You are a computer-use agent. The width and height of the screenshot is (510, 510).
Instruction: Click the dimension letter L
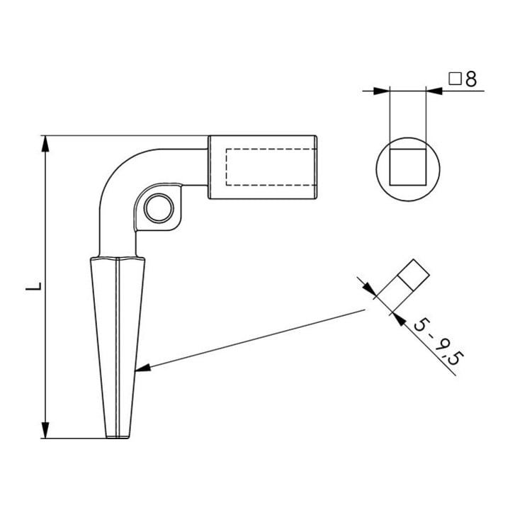34,286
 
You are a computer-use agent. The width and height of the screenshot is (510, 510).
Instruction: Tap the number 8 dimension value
470,79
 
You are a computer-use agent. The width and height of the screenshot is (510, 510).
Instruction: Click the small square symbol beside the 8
455,79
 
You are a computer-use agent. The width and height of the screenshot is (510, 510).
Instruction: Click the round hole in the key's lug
159,208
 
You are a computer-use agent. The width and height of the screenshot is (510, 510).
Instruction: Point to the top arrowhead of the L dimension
45,144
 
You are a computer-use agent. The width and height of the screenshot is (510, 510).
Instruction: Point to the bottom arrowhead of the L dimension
45,430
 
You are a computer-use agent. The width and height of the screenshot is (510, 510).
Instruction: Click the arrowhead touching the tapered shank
142,368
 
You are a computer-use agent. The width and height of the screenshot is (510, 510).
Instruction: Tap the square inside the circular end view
408,167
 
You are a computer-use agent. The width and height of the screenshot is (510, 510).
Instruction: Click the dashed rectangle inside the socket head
271,167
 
